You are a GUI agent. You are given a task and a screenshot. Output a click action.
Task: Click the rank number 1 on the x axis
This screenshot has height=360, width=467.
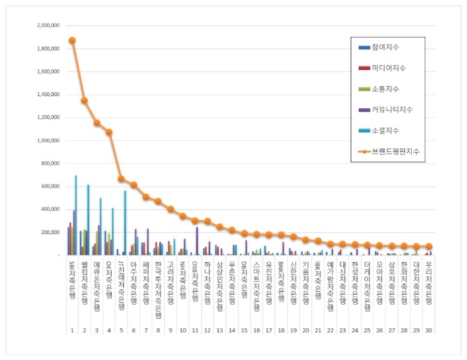point(71,330)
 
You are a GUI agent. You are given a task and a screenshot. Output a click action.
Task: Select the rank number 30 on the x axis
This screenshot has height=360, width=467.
point(429,330)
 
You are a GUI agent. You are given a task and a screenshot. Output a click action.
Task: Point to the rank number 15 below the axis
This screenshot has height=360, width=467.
point(244,330)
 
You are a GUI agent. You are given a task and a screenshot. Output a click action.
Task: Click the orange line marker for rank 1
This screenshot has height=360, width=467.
point(72,40)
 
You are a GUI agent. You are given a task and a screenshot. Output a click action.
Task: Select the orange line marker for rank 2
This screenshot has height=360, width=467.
point(84,100)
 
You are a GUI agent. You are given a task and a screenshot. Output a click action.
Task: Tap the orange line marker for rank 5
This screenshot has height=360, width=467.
point(121,179)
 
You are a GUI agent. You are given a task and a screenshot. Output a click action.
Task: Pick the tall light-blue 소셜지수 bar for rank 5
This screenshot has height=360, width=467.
point(125,222)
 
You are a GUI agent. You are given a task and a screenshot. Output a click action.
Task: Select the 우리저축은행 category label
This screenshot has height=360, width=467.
point(429,281)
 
